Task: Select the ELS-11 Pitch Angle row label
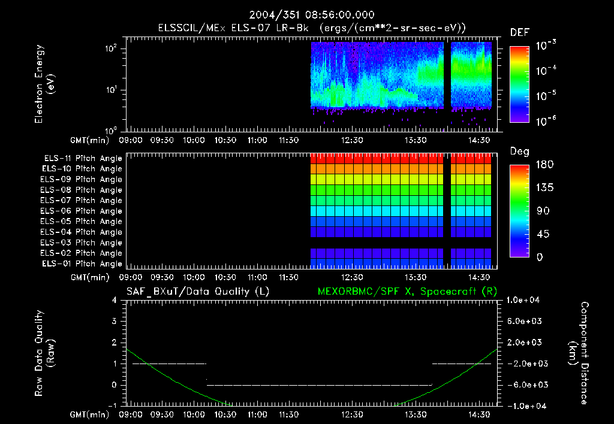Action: tap(83, 158)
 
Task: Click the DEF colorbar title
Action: tap(519, 32)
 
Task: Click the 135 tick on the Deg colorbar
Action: tap(546, 187)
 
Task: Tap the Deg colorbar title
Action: tap(519, 152)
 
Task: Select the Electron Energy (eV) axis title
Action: tap(45, 87)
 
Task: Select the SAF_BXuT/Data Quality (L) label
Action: tap(189, 292)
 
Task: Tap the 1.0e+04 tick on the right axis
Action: tap(525, 300)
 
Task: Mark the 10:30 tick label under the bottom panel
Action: tap(225, 414)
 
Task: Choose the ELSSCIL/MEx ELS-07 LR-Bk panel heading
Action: tap(311, 28)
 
